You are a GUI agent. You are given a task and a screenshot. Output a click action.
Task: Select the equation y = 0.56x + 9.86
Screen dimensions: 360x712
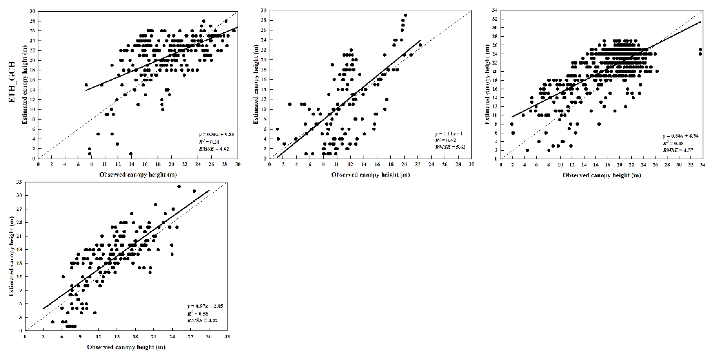216,134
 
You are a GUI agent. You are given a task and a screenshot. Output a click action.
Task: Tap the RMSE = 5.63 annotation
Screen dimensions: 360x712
450,147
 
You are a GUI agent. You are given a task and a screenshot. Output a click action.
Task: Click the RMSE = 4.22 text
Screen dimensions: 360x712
202,321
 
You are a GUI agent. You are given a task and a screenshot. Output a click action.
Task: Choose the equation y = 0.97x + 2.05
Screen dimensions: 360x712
205,306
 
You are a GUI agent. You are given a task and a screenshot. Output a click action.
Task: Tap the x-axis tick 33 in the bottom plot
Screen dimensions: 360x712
227,337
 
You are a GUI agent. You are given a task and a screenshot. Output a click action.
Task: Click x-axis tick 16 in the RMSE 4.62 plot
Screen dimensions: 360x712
145,164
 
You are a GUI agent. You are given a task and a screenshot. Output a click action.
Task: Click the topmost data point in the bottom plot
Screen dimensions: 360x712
179,187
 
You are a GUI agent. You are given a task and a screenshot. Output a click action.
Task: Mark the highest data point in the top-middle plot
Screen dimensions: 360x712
406,15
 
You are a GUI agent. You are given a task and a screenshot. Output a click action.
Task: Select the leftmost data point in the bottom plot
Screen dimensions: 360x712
53,322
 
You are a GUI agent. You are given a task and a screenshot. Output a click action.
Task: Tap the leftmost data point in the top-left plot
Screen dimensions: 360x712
86,85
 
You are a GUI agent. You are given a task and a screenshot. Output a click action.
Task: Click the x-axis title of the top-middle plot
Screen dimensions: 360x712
370,175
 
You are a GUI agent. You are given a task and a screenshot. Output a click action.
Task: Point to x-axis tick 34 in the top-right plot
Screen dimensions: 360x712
702,165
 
